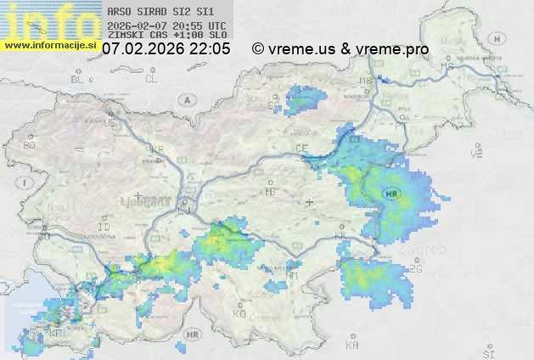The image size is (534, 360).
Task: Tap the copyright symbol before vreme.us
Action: click(258, 49)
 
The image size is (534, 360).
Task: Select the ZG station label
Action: click(416, 269)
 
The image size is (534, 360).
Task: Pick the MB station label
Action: click(366, 81)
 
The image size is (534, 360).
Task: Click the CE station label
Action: click(301, 148)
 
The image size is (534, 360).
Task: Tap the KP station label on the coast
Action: click(55, 333)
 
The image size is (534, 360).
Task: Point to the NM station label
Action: click(292, 275)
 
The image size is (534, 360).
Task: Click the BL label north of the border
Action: click(79, 79)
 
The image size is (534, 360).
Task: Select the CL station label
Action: click(151, 79)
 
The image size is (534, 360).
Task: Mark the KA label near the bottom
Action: click(352, 346)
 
